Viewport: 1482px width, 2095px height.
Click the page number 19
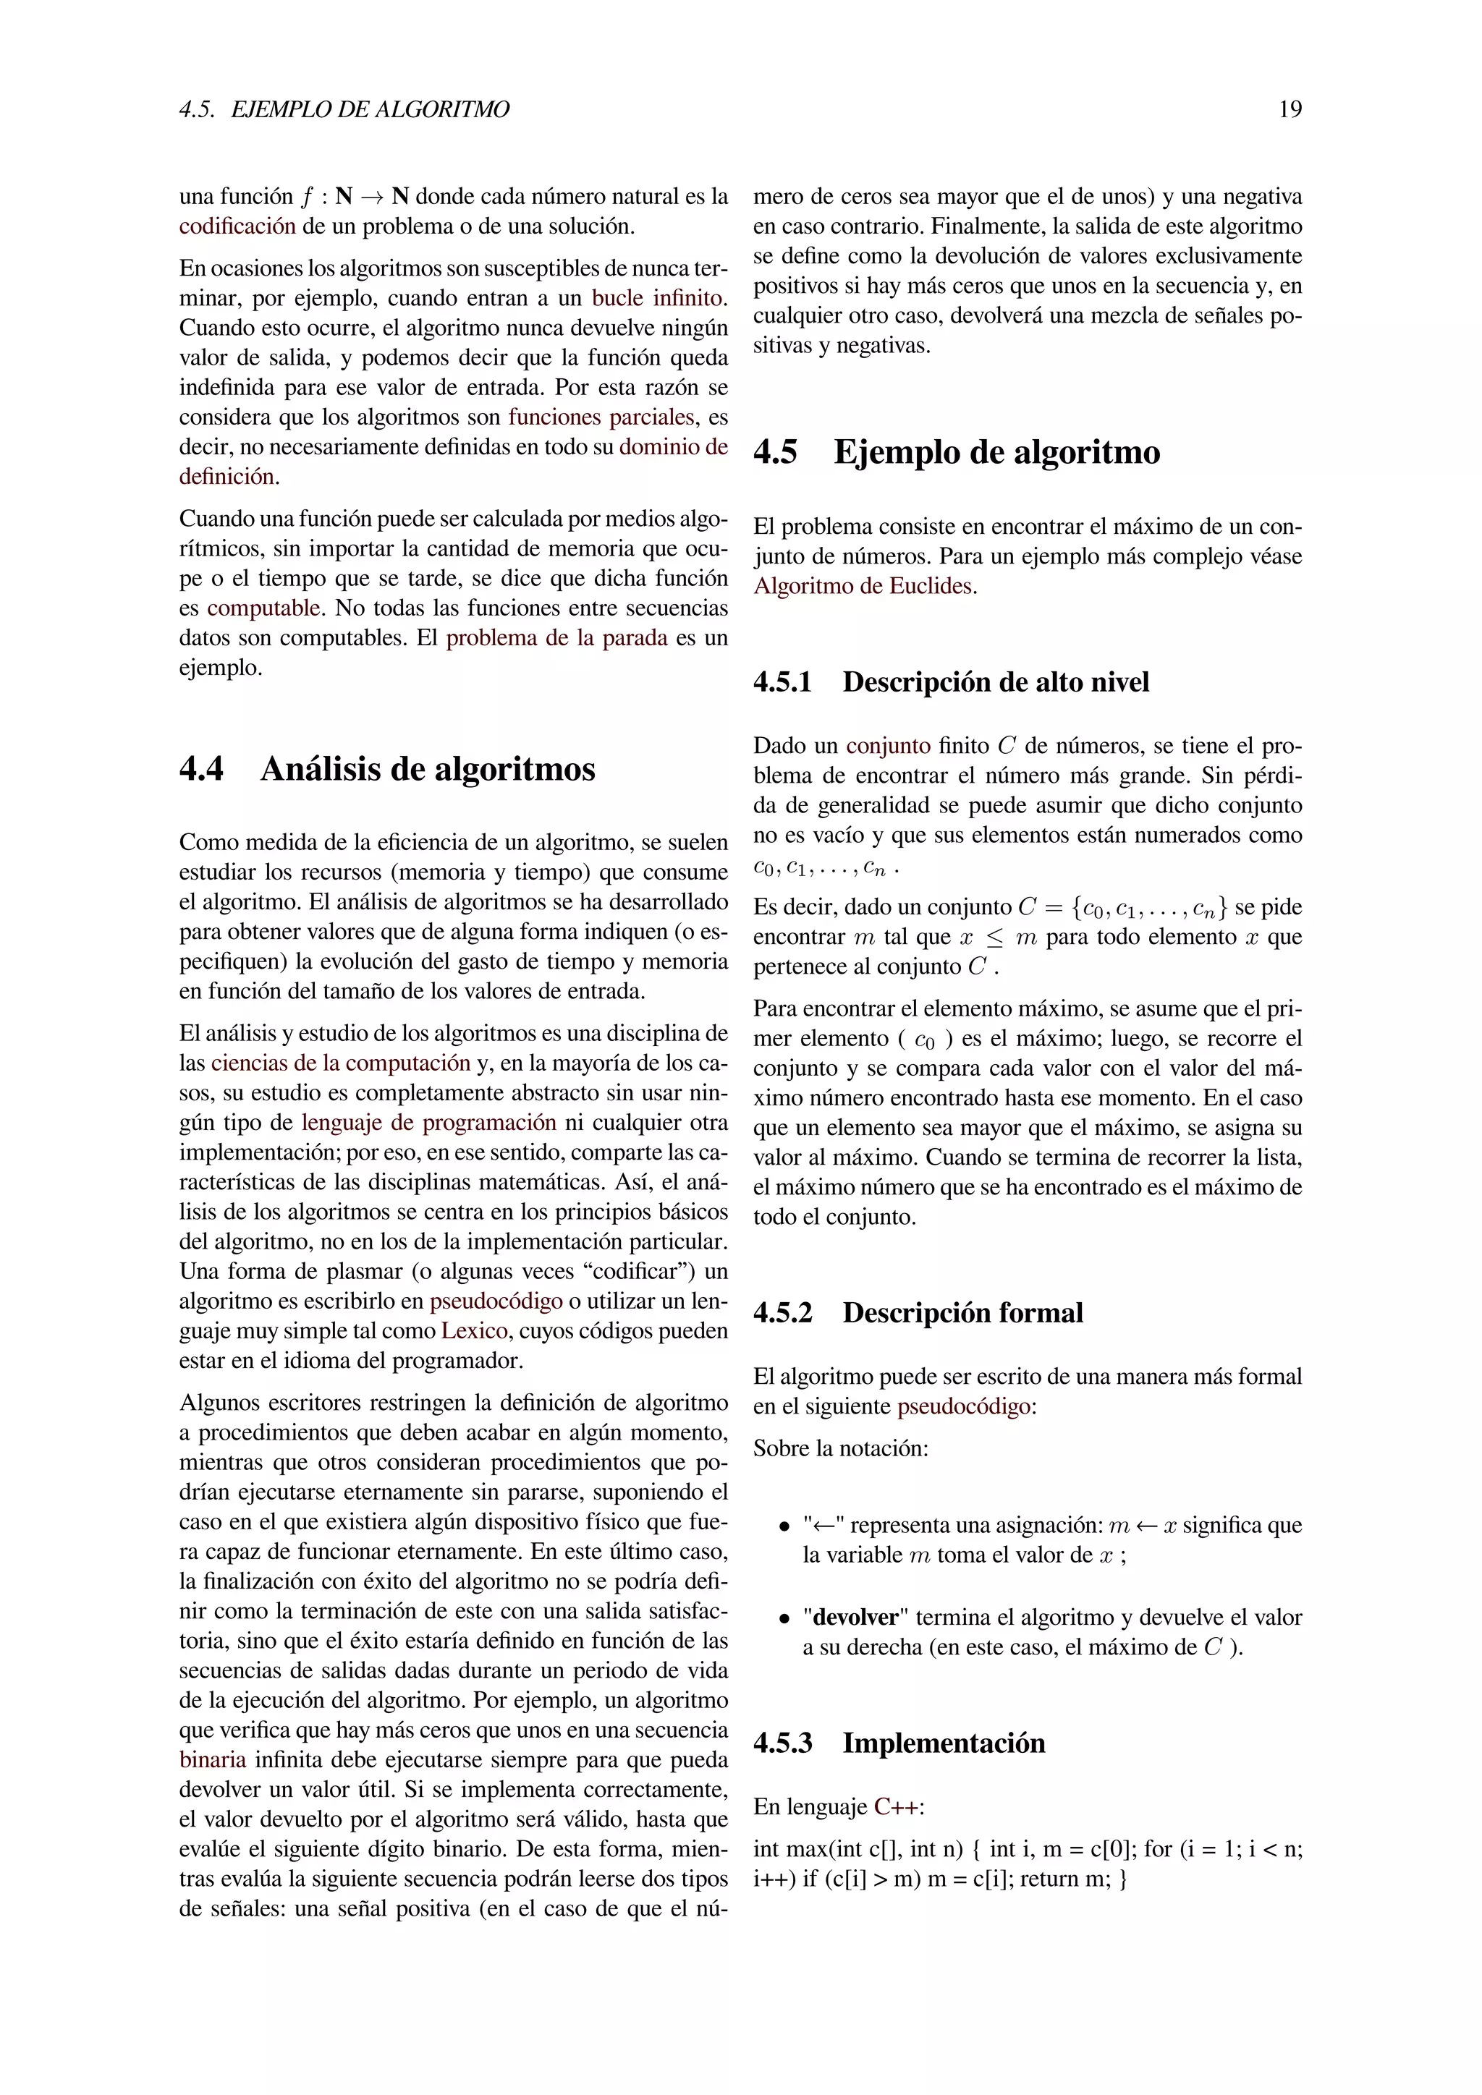(1290, 109)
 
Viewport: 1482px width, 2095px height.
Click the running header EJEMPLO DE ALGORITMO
(370, 109)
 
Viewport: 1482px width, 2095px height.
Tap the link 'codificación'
(237, 226)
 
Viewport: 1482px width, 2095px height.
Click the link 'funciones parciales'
(601, 417)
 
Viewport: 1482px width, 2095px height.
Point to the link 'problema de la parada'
(556, 638)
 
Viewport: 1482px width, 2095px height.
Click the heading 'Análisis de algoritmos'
(427, 769)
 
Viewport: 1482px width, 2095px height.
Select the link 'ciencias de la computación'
(340, 1063)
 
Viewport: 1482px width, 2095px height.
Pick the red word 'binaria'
(213, 1759)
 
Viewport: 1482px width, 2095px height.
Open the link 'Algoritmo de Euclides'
(863, 586)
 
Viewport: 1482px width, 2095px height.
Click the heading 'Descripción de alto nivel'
(996, 682)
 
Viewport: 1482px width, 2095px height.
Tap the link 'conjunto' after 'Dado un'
(888, 746)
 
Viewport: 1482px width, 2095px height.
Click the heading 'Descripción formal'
(962, 1313)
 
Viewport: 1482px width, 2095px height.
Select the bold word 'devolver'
(855, 1617)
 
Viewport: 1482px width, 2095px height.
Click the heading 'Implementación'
(944, 1743)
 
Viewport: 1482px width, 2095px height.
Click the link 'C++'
(898, 1806)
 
